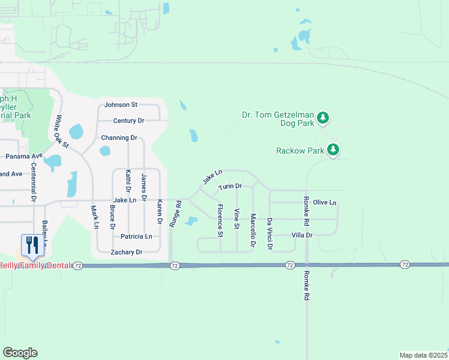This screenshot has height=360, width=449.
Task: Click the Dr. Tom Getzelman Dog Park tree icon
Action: click(x=324, y=117)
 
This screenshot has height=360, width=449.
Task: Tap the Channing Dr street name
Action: click(x=119, y=137)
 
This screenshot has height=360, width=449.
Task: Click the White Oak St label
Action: click(x=62, y=132)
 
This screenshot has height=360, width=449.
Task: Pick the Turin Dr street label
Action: click(x=230, y=187)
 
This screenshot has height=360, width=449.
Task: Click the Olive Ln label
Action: click(x=325, y=203)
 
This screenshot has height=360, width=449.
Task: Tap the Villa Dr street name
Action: click(x=302, y=235)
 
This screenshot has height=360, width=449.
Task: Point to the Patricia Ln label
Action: click(x=136, y=236)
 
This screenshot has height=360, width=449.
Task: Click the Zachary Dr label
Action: click(x=126, y=253)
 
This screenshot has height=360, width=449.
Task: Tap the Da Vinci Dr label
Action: click(x=270, y=234)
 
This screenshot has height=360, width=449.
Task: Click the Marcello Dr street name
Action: click(x=253, y=231)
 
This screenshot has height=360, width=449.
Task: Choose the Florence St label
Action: click(x=220, y=220)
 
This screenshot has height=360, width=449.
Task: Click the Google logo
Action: click(x=20, y=353)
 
